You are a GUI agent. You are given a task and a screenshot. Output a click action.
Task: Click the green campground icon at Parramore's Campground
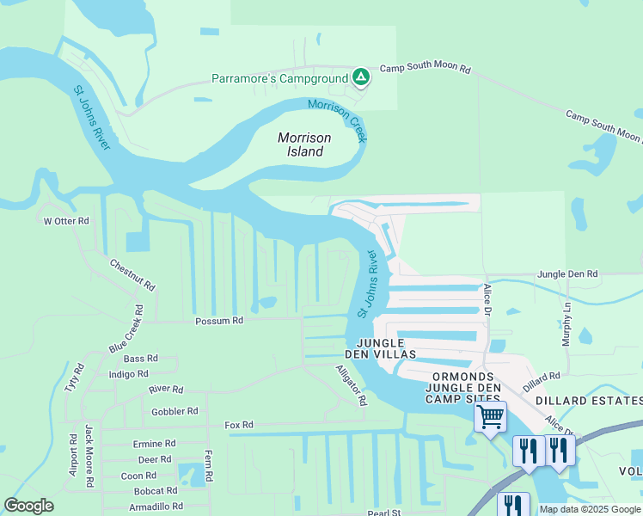[362, 78]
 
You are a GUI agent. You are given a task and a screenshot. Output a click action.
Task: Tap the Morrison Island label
[300, 144]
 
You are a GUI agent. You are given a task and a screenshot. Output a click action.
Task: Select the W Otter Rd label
[66, 221]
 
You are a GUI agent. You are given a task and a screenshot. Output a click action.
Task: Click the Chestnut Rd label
[132, 273]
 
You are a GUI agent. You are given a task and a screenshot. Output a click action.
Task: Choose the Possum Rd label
[220, 320]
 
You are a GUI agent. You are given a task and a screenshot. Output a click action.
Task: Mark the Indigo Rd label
[128, 374]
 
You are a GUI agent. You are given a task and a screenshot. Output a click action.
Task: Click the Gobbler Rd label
[175, 411]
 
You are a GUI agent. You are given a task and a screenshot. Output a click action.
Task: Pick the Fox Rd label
[238, 425]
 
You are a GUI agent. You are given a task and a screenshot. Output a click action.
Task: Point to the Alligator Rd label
[351, 384]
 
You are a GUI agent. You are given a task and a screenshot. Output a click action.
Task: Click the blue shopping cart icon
[490, 417]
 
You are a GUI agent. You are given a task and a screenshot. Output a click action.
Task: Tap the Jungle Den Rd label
[567, 273]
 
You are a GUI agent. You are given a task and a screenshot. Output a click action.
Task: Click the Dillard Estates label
[589, 401]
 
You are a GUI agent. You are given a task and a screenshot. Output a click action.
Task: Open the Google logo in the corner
[28, 506]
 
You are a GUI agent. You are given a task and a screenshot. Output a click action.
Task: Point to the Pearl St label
[384, 513]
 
